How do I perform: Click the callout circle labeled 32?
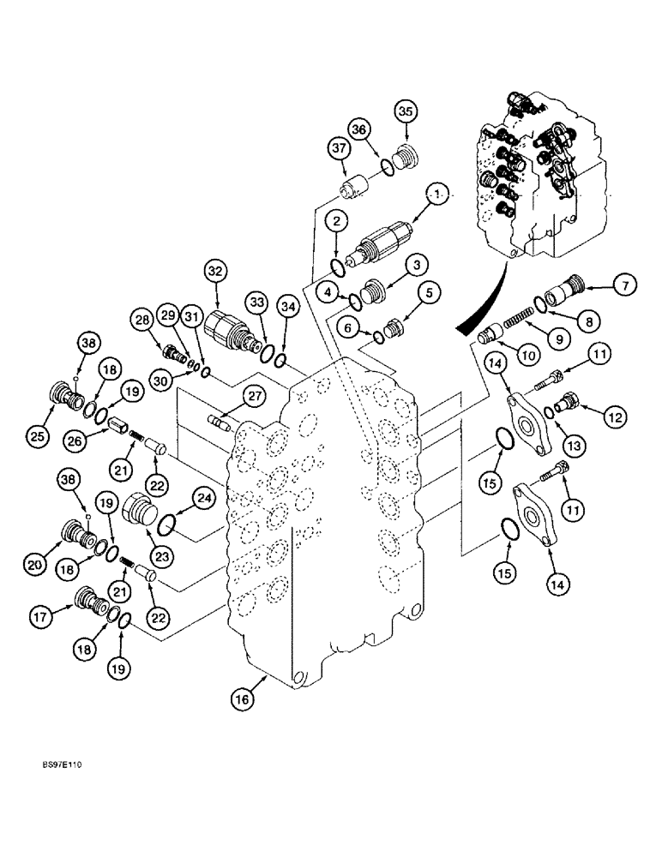click(214, 273)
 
